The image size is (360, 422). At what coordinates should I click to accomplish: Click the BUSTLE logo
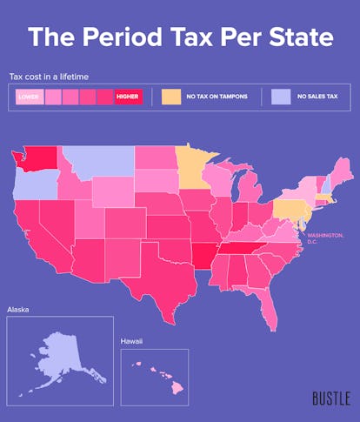(330, 399)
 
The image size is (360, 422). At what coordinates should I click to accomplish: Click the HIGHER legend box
(127, 97)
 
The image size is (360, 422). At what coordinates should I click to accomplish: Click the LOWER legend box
(29, 97)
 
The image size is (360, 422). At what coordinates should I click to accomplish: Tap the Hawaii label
(132, 344)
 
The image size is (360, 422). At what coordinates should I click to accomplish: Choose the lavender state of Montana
(96, 162)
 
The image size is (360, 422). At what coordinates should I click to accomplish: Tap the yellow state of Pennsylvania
(288, 209)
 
